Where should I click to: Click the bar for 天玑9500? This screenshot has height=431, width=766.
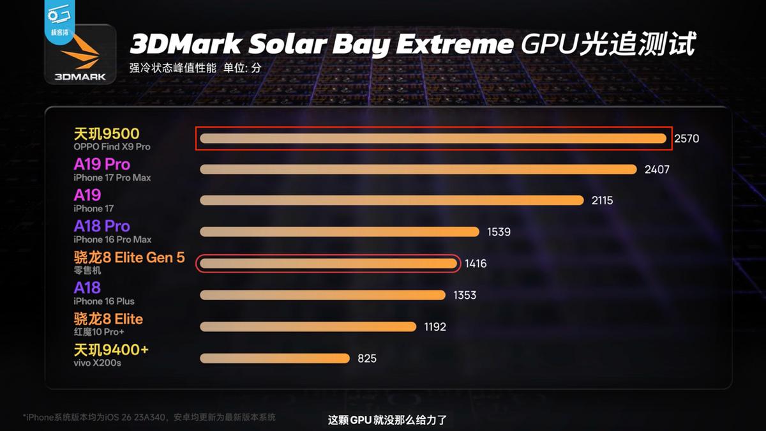click(433, 139)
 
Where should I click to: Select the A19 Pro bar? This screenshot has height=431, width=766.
click(418, 169)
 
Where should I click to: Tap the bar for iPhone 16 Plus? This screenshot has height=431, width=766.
click(322, 295)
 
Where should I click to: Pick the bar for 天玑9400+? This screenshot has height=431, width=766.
click(274, 358)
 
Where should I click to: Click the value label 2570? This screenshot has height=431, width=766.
click(687, 139)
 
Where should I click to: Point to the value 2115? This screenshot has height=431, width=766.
click(602, 200)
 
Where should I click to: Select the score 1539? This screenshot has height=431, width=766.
click(499, 232)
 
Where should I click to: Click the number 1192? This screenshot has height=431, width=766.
click(435, 327)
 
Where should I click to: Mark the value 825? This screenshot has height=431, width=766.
click(366, 359)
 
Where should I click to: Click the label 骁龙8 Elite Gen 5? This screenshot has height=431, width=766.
click(129, 257)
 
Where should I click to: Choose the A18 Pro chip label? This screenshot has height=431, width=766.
click(101, 226)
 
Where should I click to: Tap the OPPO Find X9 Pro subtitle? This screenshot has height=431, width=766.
click(112, 147)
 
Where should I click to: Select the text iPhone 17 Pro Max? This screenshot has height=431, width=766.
click(112, 178)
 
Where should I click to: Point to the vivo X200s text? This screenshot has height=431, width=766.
click(98, 363)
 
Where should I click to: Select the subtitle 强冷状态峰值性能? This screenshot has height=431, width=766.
click(172, 68)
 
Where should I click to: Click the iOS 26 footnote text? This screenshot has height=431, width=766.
click(149, 417)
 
